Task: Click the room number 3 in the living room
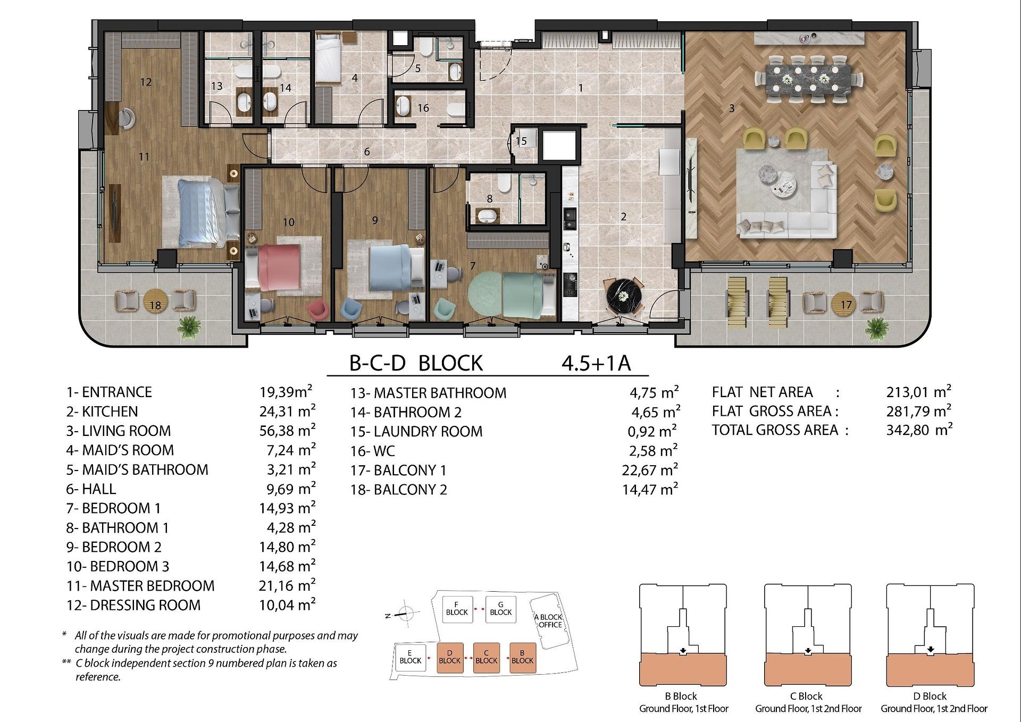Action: coord(732,108)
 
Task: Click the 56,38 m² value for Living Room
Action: coord(287,430)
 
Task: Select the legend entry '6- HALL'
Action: coord(91,489)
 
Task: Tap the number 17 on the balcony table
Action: coord(846,305)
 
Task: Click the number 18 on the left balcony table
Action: coord(155,305)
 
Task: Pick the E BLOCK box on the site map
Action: coord(410,657)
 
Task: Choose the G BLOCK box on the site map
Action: coord(500,608)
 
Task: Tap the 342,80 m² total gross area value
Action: coord(919,430)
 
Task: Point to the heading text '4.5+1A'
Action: coord(596,363)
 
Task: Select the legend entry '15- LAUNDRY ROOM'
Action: coord(416,431)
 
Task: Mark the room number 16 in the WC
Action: coord(423,108)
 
